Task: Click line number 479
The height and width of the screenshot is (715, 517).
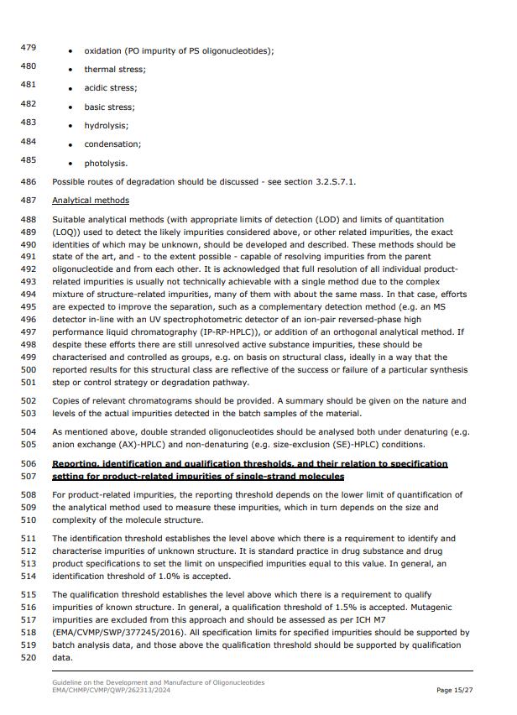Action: pyautogui.click(x=28, y=49)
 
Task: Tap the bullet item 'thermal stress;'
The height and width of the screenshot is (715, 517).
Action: pyautogui.click(x=114, y=70)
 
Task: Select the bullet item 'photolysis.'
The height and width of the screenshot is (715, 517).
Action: pyautogui.click(x=106, y=164)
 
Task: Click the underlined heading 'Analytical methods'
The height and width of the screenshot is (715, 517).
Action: pyautogui.click(x=91, y=201)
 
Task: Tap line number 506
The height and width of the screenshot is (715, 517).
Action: pyautogui.click(x=28, y=463)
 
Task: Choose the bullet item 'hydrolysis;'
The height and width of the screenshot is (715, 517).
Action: pyautogui.click(x=106, y=126)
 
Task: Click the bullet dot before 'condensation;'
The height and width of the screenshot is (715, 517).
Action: pyautogui.click(x=70, y=145)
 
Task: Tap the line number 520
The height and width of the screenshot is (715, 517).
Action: pyautogui.click(x=28, y=658)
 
